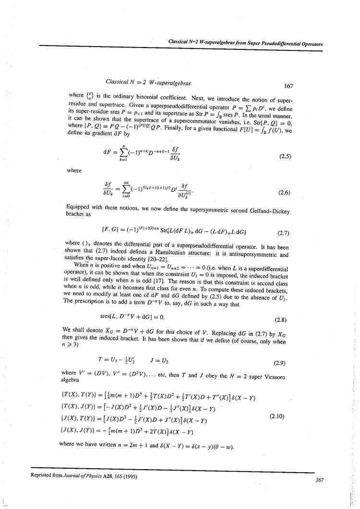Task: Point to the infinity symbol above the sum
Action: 127,176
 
